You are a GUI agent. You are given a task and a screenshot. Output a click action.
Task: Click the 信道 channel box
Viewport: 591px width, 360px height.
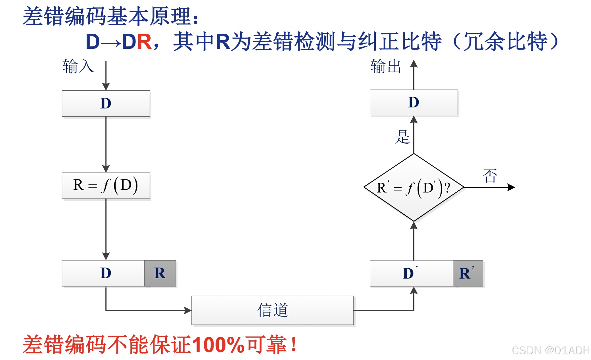click(x=272, y=310)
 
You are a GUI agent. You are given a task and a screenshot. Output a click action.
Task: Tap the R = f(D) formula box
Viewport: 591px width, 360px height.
click(x=106, y=185)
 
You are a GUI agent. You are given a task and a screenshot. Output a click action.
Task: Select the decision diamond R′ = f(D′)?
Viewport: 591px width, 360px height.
click(x=414, y=187)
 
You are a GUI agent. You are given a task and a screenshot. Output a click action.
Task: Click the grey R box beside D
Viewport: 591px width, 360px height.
click(x=160, y=273)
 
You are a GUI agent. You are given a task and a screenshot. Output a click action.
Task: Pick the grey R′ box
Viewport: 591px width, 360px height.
click(x=468, y=273)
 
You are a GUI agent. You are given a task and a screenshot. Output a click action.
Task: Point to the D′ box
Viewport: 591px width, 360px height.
click(x=411, y=273)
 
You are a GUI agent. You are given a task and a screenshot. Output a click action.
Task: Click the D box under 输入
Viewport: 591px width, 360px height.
click(x=106, y=103)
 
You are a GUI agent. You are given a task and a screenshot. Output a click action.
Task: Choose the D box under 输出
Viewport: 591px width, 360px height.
click(x=414, y=102)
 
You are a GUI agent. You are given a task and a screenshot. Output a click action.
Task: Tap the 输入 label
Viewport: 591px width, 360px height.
click(x=78, y=66)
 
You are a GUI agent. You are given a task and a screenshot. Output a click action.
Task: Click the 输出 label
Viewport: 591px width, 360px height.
click(x=386, y=66)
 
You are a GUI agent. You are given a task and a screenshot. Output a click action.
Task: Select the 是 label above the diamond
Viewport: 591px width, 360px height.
click(x=402, y=137)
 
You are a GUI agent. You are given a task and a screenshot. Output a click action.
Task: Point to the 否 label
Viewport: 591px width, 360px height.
click(x=490, y=176)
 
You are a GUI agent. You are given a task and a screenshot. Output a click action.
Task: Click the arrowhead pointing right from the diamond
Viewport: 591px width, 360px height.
click(x=511, y=187)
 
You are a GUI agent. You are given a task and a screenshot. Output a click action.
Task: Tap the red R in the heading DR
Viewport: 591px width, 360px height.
click(x=145, y=42)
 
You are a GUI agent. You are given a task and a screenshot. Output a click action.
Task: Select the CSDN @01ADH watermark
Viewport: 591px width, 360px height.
click(x=550, y=350)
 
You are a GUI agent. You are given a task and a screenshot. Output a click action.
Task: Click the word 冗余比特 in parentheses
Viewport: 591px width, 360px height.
click(x=505, y=42)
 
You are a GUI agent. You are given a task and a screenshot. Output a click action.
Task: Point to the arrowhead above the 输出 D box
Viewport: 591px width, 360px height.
click(x=414, y=64)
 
